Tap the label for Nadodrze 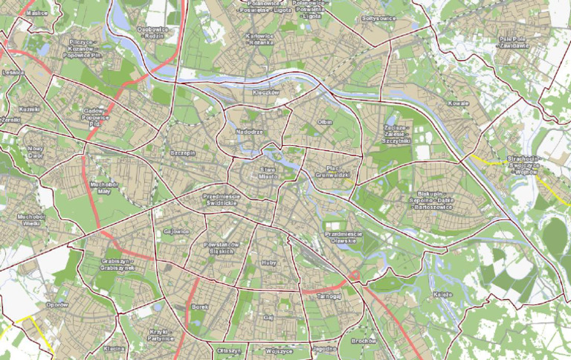(x=249, y=132)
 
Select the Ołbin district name (x=324, y=121)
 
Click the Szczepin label (x=181, y=152)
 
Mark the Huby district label (x=269, y=263)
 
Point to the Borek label (x=199, y=306)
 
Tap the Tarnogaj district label (x=328, y=295)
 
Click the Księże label (x=442, y=295)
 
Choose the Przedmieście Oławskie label (x=343, y=238)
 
